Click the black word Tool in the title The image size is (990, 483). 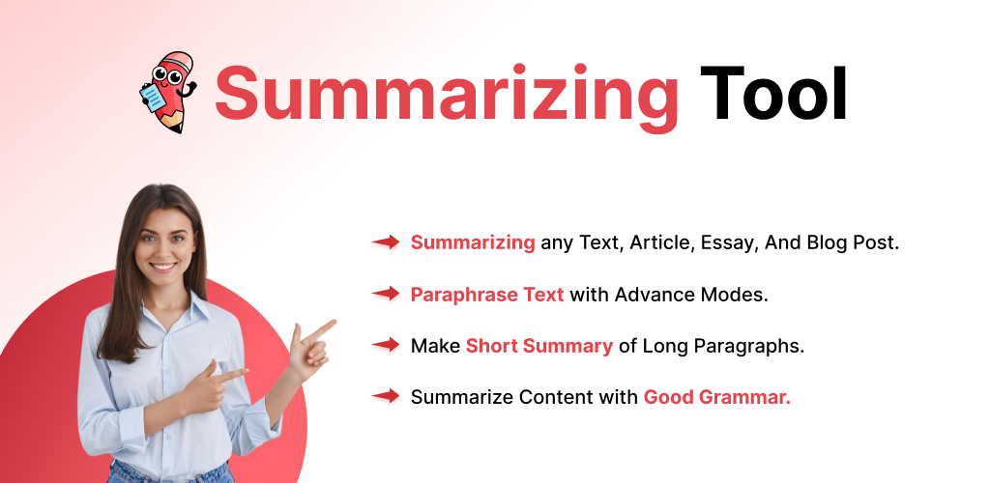tap(773, 93)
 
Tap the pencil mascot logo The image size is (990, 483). tap(168, 92)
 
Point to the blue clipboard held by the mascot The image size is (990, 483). tap(152, 98)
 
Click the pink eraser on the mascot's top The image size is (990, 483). tap(178, 61)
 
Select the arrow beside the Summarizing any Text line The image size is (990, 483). tap(385, 242)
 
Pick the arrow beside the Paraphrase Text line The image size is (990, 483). tap(385, 294)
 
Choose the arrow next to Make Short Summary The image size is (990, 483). tap(385, 345)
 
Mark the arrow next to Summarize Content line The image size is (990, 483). tap(385, 397)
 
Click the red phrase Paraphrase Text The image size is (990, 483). tap(487, 295)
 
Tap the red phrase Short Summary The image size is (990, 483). tap(539, 346)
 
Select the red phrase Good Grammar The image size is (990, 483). tap(716, 397)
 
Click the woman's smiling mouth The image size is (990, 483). tap(163, 267)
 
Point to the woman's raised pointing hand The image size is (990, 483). tap(309, 350)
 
